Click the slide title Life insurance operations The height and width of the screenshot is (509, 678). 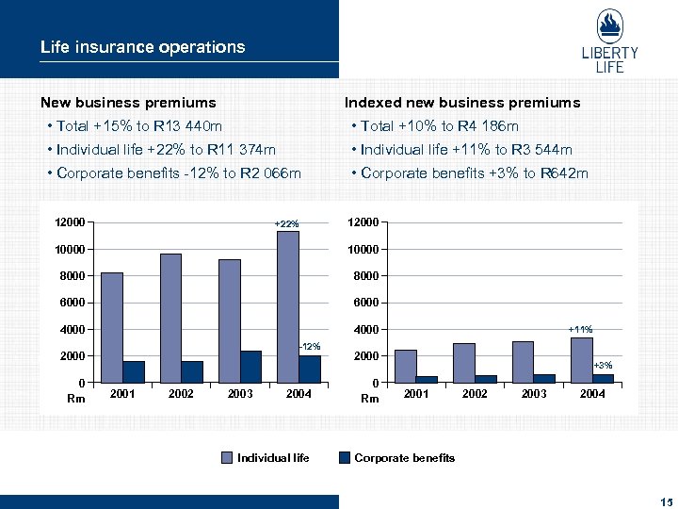142,46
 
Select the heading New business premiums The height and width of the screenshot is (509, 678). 128,102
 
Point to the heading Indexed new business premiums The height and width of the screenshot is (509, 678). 462,102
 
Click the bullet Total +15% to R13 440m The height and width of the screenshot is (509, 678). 139,125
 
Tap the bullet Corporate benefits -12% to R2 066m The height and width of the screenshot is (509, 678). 179,172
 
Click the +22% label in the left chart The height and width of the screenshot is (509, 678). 286,224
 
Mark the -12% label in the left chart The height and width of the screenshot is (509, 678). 310,346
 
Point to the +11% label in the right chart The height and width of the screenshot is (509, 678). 580,329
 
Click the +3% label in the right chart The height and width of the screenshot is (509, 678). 603,365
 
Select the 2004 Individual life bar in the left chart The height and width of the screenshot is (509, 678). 288,306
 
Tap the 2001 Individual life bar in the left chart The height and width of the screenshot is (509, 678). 112,327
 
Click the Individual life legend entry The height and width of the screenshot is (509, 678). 266,458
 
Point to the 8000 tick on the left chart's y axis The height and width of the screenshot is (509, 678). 70,276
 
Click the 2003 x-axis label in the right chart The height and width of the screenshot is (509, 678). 534,394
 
